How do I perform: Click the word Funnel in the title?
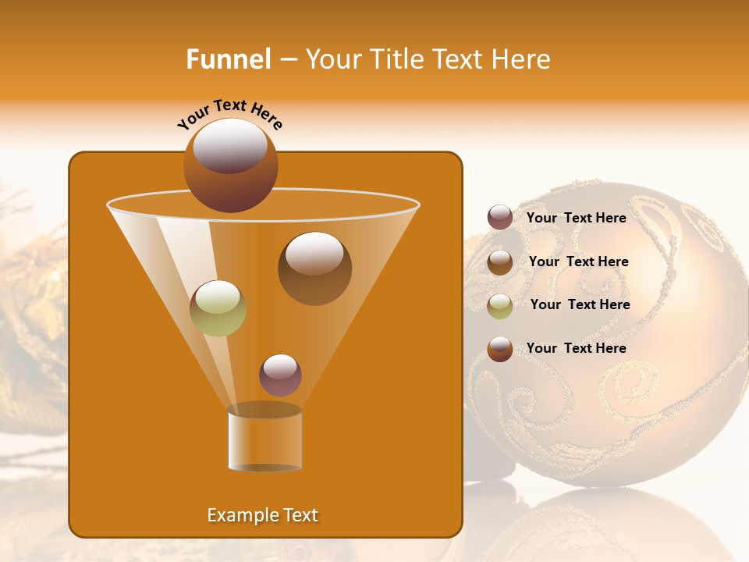pyautogui.click(x=228, y=59)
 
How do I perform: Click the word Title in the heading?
pyautogui.click(x=396, y=59)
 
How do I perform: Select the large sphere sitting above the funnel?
pyautogui.click(x=230, y=165)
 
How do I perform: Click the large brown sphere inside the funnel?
pyautogui.click(x=314, y=269)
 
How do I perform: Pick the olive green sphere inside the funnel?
pyautogui.click(x=218, y=308)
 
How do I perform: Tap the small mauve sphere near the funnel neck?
pyautogui.click(x=280, y=375)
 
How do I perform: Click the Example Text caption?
pyautogui.click(x=263, y=515)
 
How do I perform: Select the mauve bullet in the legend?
pyautogui.click(x=500, y=218)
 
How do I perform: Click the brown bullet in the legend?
pyautogui.click(x=500, y=261)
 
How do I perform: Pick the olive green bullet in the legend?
pyautogui.click(x=500, y=305)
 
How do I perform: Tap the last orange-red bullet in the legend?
pyautogui.click(x=500, y=349)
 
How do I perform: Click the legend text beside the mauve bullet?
pyautogui.click(x=577, y=219)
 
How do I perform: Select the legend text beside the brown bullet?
pyautogui.click(x=579, y=261)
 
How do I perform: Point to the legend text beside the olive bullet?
pyautogui.click(x=580, y=304)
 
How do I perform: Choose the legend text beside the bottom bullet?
pyautogui.click(x=577, y=348)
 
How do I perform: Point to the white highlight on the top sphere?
pyautogui.click(x=230, y=145)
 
